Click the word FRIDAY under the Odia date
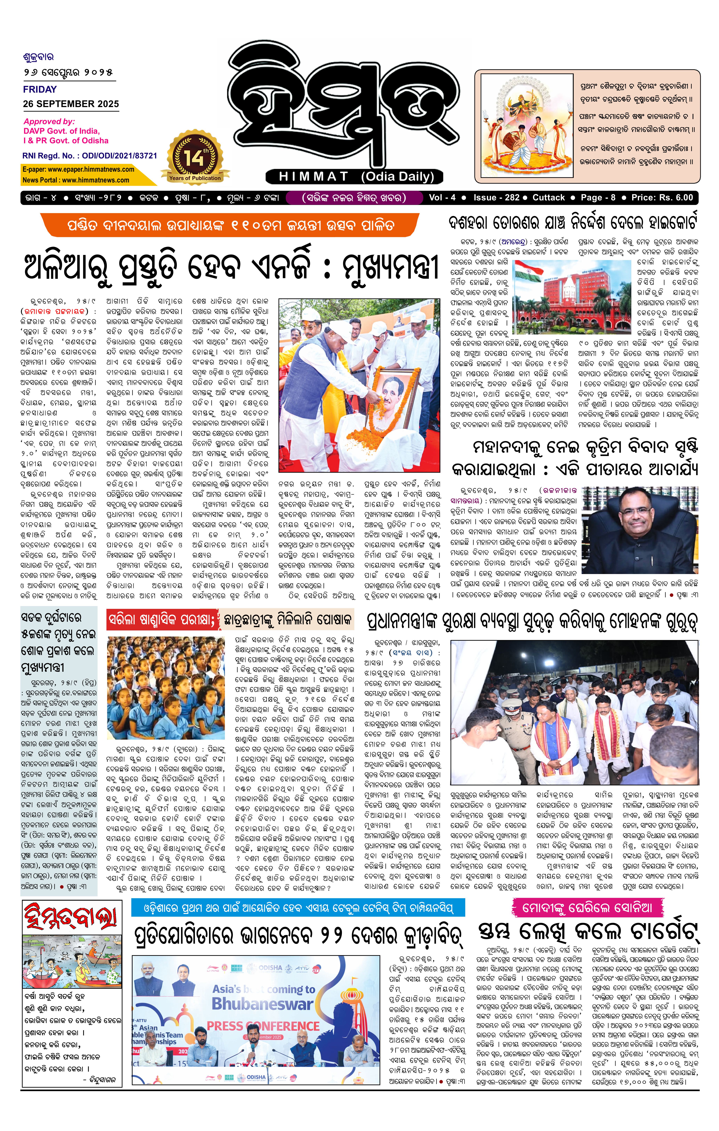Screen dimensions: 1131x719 tap(40, 89)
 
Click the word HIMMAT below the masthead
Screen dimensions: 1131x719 tap(314, 177)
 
